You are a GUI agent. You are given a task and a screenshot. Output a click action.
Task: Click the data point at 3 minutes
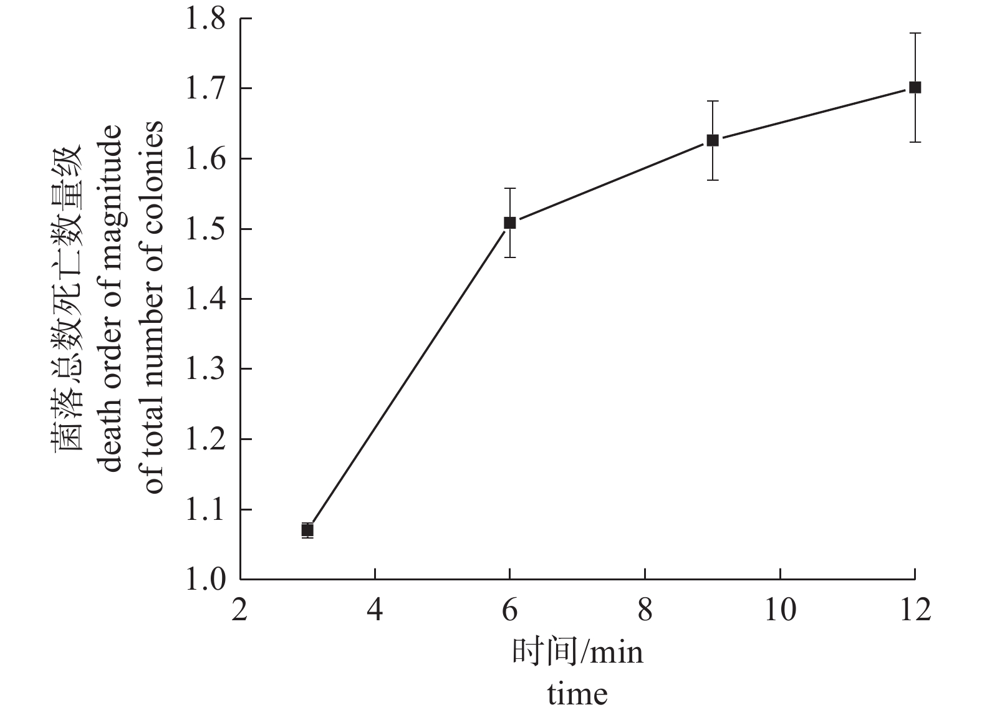point(307,530)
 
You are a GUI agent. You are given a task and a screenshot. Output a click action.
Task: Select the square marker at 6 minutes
point(509,223)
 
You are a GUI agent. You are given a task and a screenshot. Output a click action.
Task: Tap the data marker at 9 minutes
point(712,140)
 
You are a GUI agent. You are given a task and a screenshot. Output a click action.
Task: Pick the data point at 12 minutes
point(915,87)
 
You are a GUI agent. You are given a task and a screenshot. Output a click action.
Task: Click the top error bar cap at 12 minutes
point(915,33)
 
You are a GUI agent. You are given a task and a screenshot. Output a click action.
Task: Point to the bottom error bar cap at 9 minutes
point(712,180)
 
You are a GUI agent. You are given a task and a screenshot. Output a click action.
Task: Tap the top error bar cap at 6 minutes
point(509,188)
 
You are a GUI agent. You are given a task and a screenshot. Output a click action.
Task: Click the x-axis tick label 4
point(375,608)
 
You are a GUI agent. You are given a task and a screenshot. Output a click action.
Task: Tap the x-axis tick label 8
point(645,608)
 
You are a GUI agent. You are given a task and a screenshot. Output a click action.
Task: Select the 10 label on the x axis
point(779,608)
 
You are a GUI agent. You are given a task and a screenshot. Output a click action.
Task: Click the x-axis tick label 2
point(240,608)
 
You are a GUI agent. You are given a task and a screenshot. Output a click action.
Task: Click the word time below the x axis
point(577,694)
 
